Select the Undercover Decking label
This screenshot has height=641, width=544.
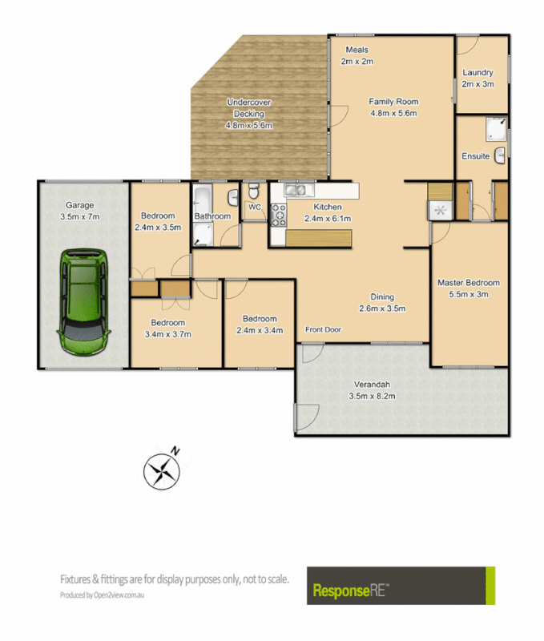pos(248,113)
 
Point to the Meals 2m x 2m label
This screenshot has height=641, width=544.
pos(357,55)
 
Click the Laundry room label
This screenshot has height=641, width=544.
pos(478,79)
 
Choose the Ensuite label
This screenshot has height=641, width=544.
pos(475,155)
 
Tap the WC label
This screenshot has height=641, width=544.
pos(255,207)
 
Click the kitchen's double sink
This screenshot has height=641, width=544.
pos(296,191)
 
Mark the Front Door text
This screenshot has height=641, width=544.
pos(323,329)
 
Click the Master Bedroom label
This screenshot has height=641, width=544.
pos(468,288)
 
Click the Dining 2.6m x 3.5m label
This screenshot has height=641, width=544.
pos(381,302)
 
